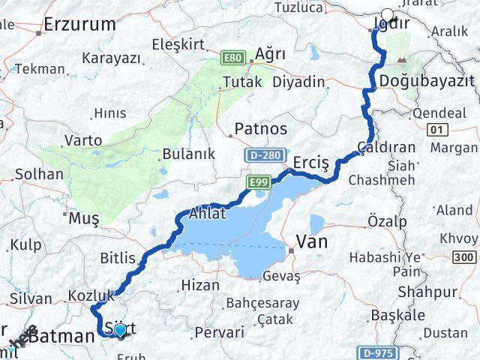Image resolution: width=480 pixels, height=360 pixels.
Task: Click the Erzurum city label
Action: (x=73, y=25)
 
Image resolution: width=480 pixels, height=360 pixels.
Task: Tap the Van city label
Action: (x=313, y=241)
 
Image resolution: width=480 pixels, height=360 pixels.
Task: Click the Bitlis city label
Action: (x=118, y=259)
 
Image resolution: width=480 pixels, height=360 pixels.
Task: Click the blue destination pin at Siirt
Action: (x=119, y=329)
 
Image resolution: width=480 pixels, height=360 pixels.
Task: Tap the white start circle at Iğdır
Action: (x=388, y=14)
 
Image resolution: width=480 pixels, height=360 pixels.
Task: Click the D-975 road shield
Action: (x=376, y=352)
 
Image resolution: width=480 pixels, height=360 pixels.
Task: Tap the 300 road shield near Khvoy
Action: (x=464, y=258)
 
